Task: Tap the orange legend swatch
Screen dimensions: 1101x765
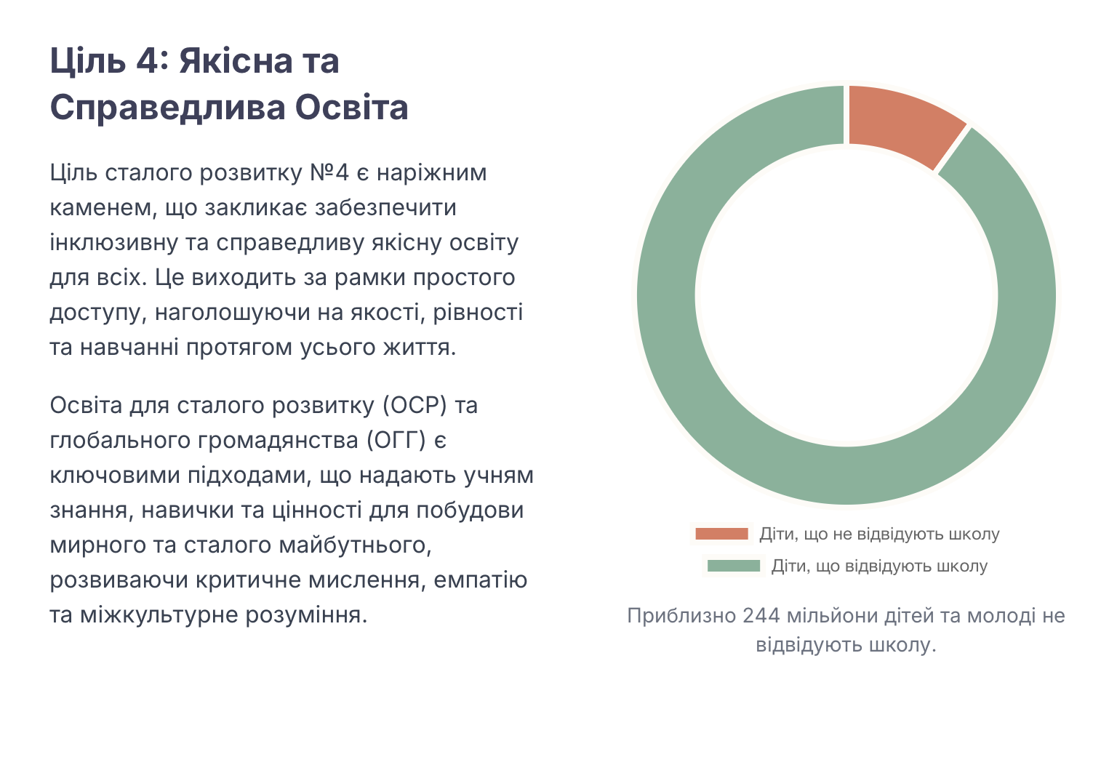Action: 721,534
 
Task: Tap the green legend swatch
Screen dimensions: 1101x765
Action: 733,566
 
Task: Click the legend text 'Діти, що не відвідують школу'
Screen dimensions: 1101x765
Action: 879,534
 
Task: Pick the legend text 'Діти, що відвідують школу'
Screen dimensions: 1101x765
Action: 879,566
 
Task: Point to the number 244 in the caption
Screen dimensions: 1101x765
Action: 761,615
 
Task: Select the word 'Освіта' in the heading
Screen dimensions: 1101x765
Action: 351,107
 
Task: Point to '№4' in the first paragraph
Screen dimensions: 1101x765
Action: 329,172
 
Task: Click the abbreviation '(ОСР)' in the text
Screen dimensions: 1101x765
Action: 415,406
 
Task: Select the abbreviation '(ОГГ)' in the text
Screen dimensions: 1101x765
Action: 396,441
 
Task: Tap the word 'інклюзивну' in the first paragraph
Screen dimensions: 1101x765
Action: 114,244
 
